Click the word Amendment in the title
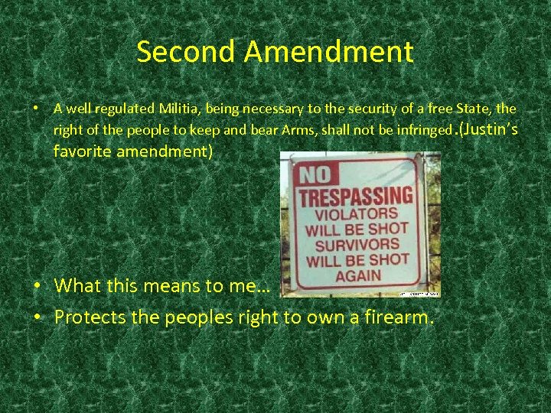click(x=329, y=52)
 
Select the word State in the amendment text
click(x=479, y=109)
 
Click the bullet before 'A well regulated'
click(x=36, y=109)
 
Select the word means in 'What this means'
click(x=179, y=287)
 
